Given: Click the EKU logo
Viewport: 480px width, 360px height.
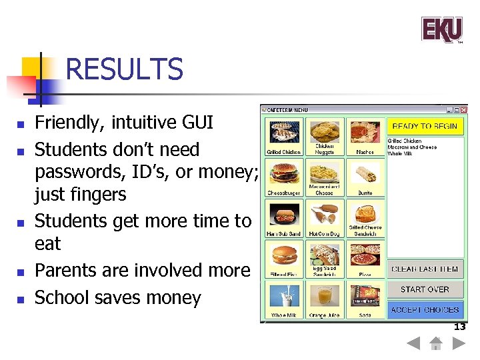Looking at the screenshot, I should [x=441, y=29].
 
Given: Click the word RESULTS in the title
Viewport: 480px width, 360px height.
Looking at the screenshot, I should [x=125, y=69].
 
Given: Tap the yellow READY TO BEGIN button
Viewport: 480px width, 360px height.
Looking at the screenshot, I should [x=425, y=126].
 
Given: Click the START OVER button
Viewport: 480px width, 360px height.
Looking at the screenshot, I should [x=425, y=289].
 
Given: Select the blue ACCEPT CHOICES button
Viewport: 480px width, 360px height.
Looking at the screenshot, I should [x=425, y=309].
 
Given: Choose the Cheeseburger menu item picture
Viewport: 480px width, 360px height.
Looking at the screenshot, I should [x=284, y=175].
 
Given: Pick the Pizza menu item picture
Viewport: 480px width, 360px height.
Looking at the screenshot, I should [x=365, y=256].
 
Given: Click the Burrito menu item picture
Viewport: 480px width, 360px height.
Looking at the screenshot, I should [x=365, y=175].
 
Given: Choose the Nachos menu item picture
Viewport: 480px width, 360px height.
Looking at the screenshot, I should [x=365, y=133].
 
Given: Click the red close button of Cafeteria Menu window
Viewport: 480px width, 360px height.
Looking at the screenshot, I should [x=464, y=110].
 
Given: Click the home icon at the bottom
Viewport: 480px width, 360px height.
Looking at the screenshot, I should [x=436, y=344].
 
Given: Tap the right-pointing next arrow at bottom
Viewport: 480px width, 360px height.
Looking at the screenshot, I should [x=458, y=344].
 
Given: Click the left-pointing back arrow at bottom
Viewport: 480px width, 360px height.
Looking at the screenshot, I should [x=413, y=344].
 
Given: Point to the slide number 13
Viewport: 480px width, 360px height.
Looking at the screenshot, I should [x=459, y=327].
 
